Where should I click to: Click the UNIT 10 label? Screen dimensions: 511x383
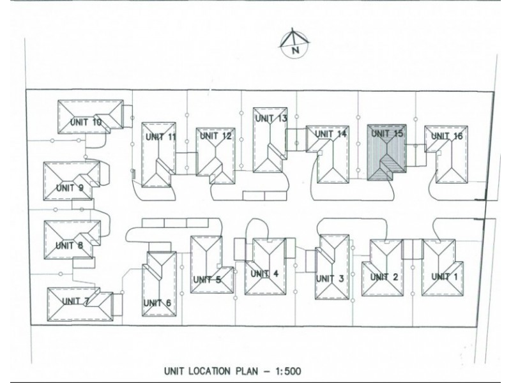[x=86, y=122]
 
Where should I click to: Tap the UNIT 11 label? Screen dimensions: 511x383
[x=161, y=137]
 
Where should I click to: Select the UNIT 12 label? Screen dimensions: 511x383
[x=216, y=136]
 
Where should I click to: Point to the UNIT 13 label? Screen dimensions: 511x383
[x=271, y=118]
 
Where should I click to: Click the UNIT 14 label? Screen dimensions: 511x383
[x=330, y=133]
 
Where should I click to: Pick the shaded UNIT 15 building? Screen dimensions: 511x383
[x=386, y=152]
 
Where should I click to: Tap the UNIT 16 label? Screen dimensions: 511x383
[x=446, y=135]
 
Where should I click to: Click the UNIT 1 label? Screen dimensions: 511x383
[x=445, y=276]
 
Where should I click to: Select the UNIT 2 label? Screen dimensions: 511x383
[x=385, y=277]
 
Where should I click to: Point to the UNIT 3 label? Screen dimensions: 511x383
[x=330, y=278]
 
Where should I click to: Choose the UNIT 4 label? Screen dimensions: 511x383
[x=264, y=274]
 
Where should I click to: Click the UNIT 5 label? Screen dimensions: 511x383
[x=207, y=280]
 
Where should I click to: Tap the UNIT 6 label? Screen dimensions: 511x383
[x=157, y=303]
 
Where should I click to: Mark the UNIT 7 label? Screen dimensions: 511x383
[x=75, y=301]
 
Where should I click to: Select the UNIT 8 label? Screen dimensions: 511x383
[x=69, y=245]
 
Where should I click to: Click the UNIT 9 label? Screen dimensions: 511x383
[x=70, y=188]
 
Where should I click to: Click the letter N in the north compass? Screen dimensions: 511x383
[x=295, y=50]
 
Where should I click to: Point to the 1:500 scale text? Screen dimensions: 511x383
[x=289, y=371]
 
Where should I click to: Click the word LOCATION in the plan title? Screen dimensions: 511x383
[x=207, y=371]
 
